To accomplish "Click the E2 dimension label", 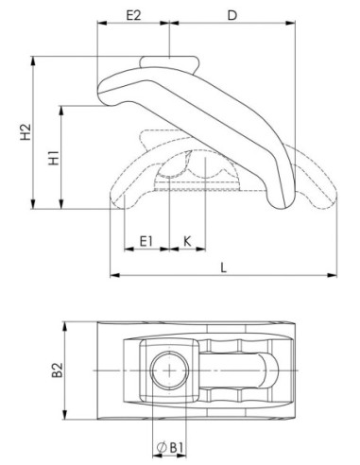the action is (x=133, y=15).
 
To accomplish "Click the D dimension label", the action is (x=231, y=15).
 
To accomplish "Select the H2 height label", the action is (x=26, y=131).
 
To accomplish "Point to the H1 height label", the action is (x=54, y=158).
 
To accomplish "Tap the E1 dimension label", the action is (x=146, y=242).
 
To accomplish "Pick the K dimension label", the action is (x=187, y=242).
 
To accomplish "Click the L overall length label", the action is (x=223, y=268).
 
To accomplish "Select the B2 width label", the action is (x=58, y=370).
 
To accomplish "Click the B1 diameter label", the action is (x=177, y=448).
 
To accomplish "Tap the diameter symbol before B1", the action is (x=162, y=448).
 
